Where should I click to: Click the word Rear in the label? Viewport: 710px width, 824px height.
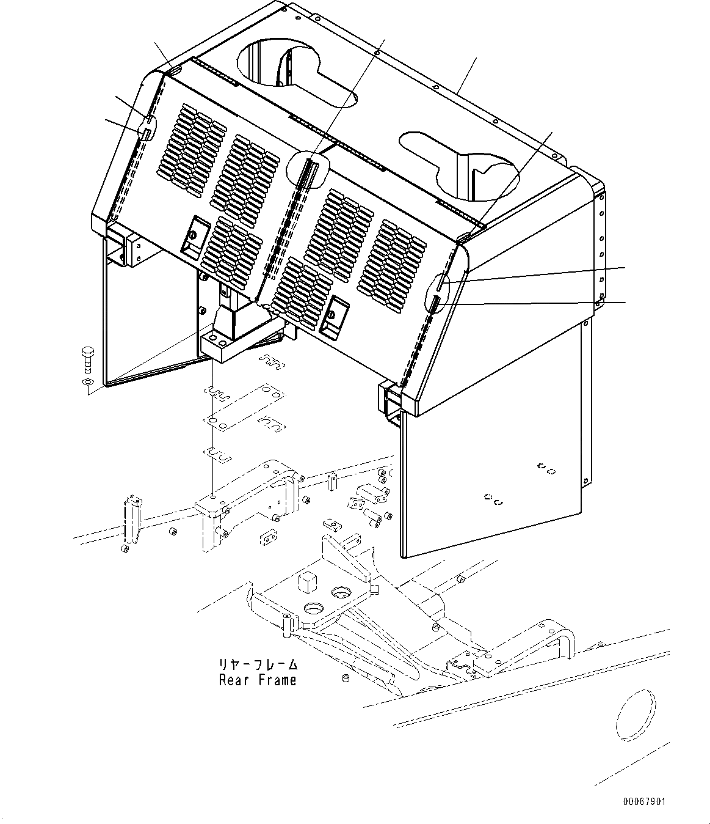(233, 680)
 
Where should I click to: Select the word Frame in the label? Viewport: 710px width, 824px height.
(276, 680)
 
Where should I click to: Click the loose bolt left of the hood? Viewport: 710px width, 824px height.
(86, 358)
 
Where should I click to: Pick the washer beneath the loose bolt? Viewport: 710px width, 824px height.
(87, 383)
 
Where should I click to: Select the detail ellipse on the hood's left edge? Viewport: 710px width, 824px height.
(148, 125)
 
